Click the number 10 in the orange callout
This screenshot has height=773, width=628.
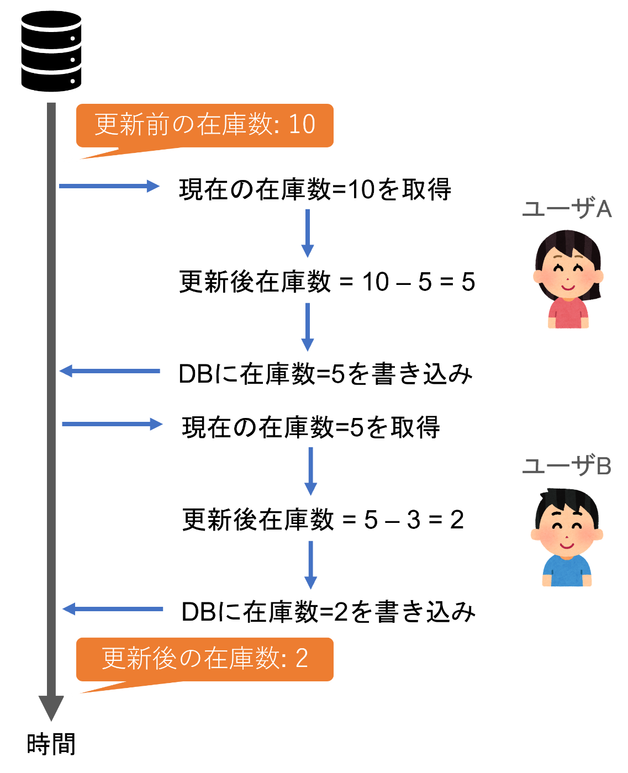pos(302,125)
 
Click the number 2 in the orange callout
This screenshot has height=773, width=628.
pos(302,659)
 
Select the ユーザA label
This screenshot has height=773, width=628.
pos(567,210)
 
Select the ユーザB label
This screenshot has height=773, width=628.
pos(567,467)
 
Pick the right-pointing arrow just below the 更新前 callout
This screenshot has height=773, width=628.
pos(109,186)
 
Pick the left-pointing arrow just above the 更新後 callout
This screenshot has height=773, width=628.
pos(113,609)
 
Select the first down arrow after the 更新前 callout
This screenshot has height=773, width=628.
pos(308,233)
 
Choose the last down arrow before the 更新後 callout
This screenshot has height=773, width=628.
pos(311,564)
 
